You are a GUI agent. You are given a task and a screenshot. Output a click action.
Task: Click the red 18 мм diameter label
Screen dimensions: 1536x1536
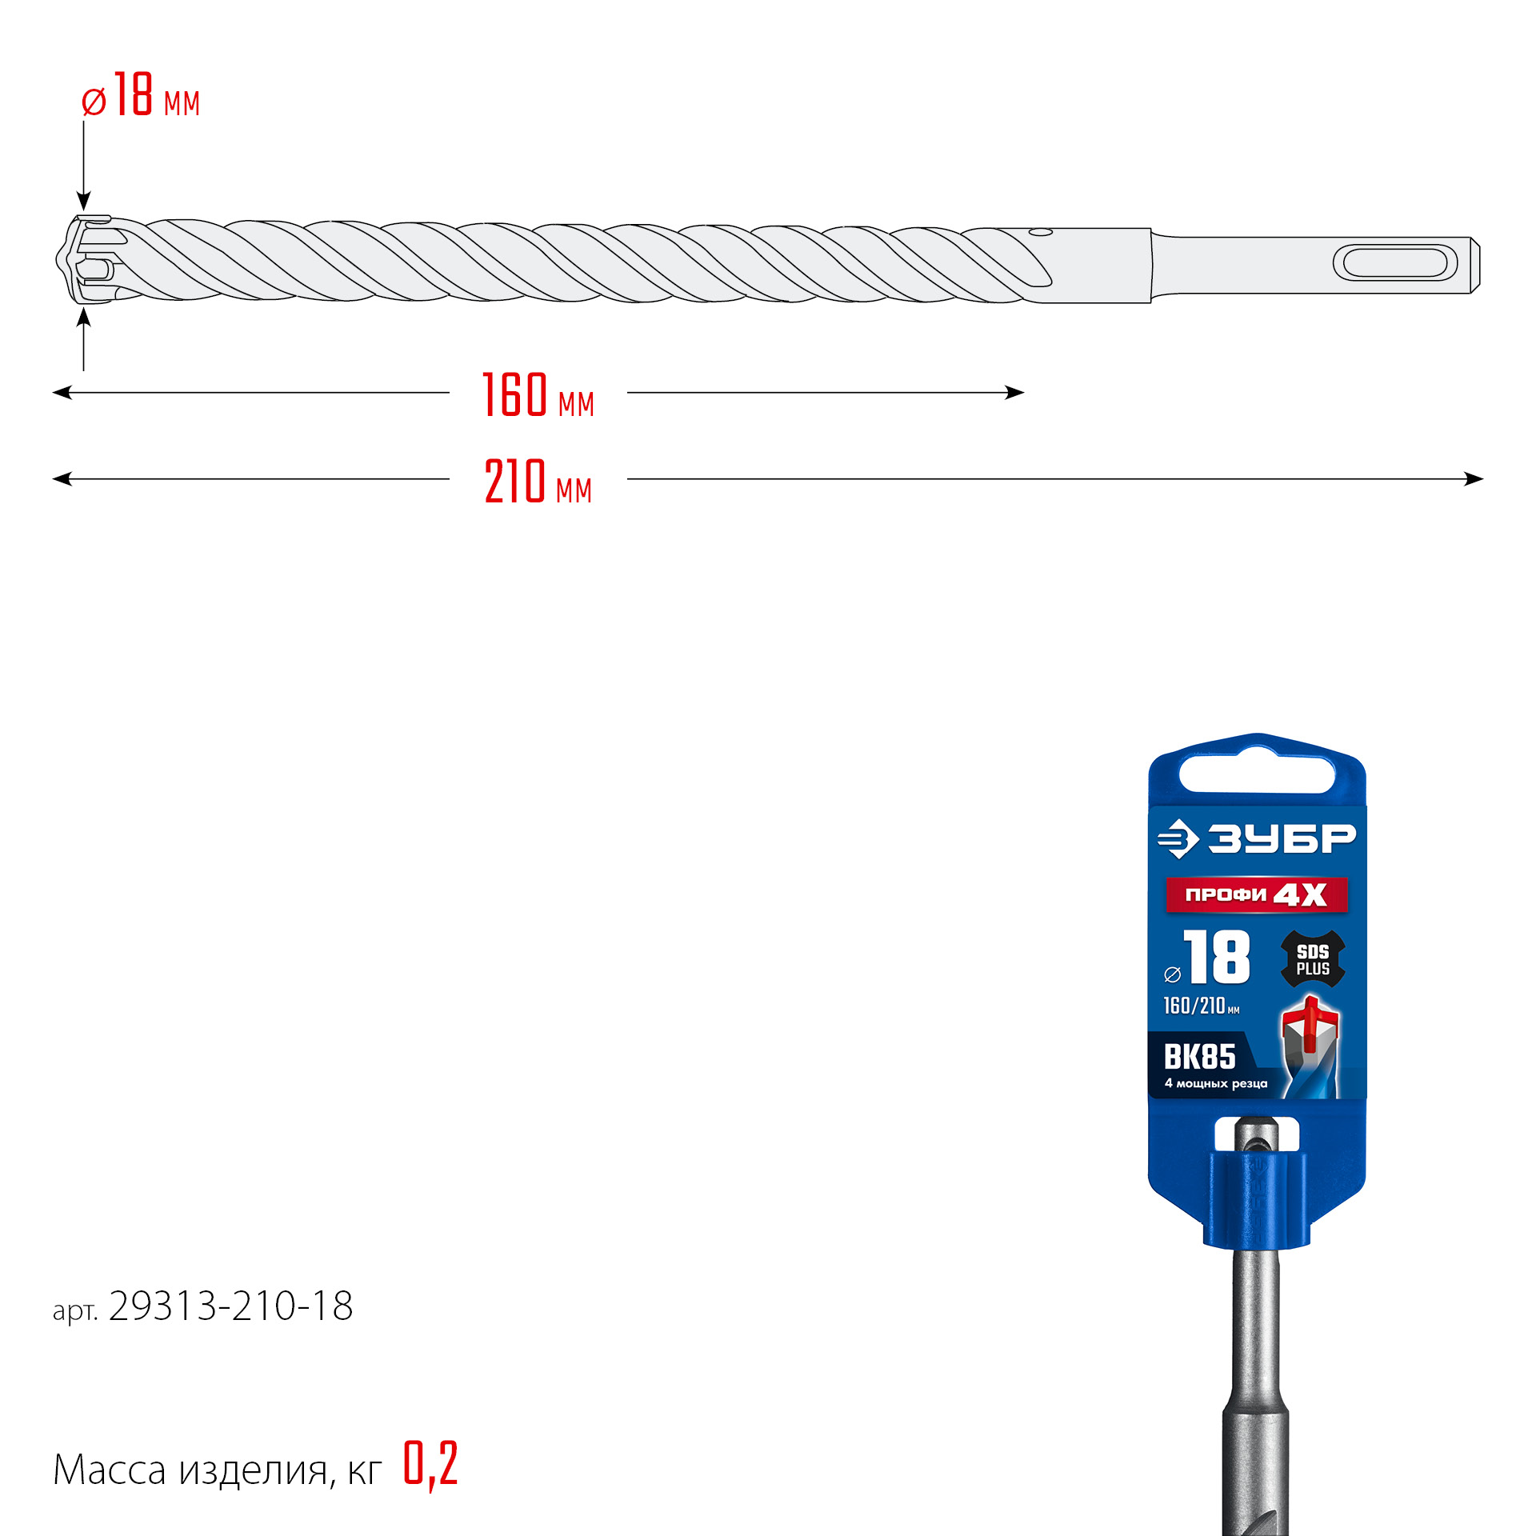(141, 97)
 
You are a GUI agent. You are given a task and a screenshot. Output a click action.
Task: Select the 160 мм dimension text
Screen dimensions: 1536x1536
(538, 395)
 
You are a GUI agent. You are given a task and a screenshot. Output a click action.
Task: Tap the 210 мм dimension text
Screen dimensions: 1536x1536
(538, 482)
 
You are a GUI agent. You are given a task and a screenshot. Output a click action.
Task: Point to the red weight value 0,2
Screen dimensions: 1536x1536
(430, 1463)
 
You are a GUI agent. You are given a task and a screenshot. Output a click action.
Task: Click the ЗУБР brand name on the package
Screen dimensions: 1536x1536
(1281, 838)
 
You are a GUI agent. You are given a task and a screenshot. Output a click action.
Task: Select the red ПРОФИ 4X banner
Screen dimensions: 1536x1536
(1256, 894)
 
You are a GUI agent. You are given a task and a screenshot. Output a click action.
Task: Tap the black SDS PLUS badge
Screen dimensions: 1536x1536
(1313, 959)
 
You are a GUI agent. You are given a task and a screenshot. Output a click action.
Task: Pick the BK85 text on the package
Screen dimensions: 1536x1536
(1199, 1058)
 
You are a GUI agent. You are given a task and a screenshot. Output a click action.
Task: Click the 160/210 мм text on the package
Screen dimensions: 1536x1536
(1200, 1006)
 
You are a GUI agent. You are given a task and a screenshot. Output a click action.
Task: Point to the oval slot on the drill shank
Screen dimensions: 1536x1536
(1394, 263)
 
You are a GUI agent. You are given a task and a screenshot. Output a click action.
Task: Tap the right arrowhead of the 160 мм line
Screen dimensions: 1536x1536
(1015, 393)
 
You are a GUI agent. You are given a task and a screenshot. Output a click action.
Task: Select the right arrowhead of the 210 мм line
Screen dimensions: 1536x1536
(1474, 479)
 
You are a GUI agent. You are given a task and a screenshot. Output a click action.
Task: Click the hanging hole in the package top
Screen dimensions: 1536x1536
(1257, 774)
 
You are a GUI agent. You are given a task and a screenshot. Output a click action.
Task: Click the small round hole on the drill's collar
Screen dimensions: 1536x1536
(1041, 233)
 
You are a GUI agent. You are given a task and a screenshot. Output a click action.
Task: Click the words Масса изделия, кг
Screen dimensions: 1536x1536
(217, 1470)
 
